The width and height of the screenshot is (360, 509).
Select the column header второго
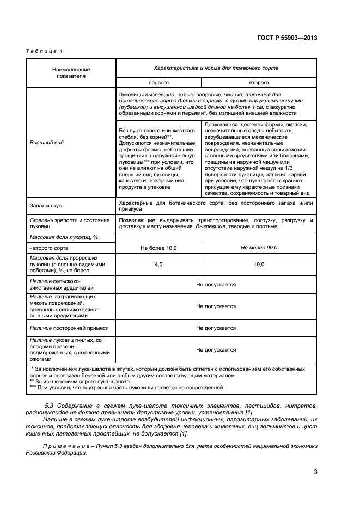click(259, 83)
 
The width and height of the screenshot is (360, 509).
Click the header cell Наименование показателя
click(71, 73)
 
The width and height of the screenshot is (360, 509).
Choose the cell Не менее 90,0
click(259, 248)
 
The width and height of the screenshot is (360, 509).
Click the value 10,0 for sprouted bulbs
click(259, 264)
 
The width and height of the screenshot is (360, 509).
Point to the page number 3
click(315, 472)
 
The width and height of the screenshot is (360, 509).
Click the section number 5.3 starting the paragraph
click(48, 406)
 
